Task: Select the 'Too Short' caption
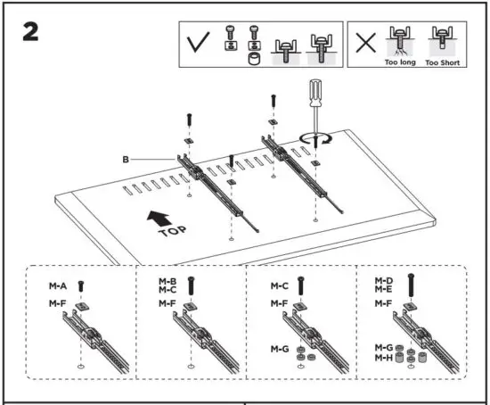pyautogui.click(x=442, y=63)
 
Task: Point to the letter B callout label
pyautogui.click(x=127, y=161)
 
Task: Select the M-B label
pyautogui.click(x=167, y=282)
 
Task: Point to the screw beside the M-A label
pyautogui.click(x=81, y=286)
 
